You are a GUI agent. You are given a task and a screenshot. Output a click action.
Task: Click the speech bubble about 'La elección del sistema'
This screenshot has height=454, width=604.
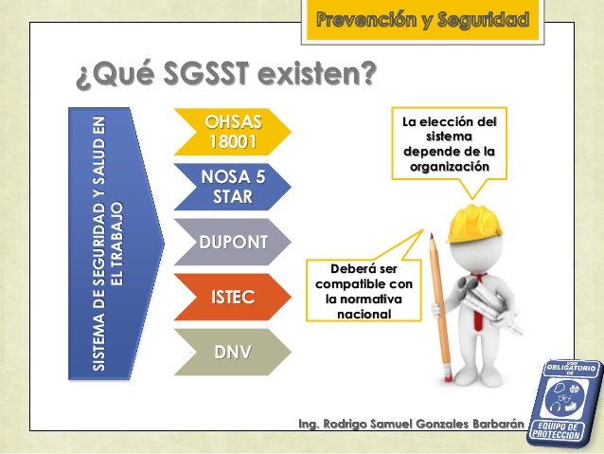point(449,143)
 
